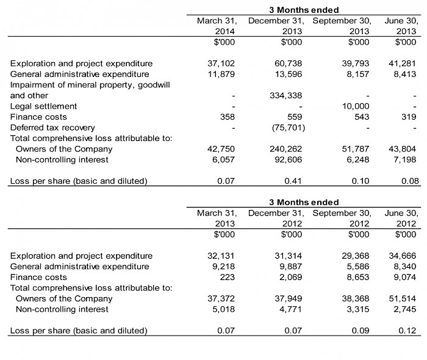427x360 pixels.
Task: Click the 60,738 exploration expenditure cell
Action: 290,63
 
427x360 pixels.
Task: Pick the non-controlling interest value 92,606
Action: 290,160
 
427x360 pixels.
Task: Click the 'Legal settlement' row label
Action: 40,106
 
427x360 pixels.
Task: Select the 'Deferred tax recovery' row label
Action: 53,128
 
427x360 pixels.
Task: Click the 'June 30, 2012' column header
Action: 401,218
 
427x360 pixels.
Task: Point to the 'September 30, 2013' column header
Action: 342,26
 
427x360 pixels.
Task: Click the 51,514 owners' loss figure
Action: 403,298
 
